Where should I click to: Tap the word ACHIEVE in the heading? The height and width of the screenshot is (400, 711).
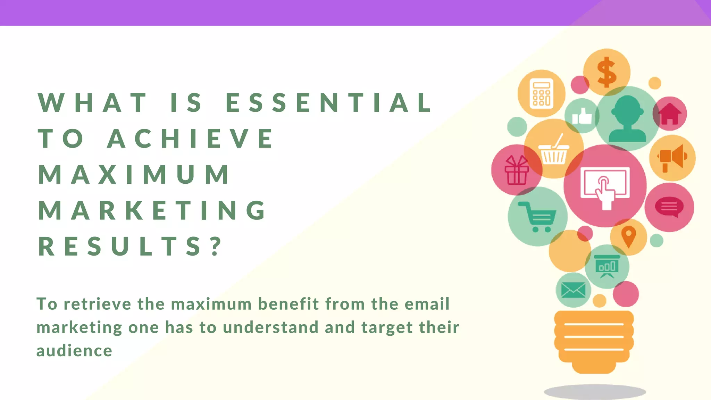pos(191,138)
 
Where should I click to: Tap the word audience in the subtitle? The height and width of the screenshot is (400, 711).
pos(74,351)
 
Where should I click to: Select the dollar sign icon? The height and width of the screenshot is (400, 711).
pos(607,72)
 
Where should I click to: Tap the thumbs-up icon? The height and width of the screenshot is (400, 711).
pos(582,116)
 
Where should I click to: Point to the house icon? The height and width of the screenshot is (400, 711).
pos(670,114)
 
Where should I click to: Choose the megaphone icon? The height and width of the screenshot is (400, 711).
pos(672,158)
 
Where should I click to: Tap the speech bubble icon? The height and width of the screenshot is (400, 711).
pos(669,207)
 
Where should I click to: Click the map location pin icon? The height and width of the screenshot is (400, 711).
pos(628,237)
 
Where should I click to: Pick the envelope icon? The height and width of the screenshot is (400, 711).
pos(573,290)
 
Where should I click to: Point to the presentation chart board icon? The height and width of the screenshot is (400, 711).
pos(607,267)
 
